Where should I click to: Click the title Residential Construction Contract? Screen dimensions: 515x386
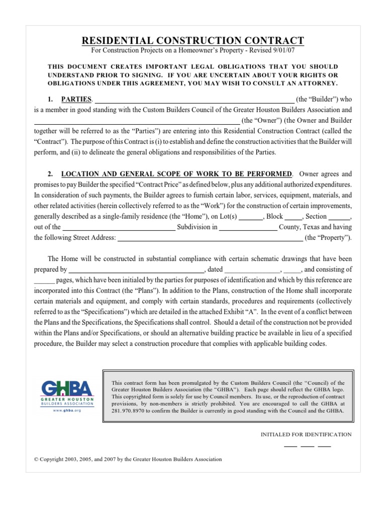pos(192,40)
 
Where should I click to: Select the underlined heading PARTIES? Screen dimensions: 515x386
pos(76,99)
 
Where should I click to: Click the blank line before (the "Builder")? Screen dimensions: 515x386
pos(195,100)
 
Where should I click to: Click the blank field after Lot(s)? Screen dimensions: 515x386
pos(250,217)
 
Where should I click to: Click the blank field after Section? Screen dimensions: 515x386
pos(342,217)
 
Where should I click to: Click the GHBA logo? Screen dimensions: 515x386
pos(67,389)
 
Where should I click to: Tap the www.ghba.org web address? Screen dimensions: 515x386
pos(67,410)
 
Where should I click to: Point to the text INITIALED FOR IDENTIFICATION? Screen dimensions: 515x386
pos(306,435)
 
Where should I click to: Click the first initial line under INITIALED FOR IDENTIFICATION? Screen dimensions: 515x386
pos(291,446)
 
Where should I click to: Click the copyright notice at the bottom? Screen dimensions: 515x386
pos(128,459)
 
